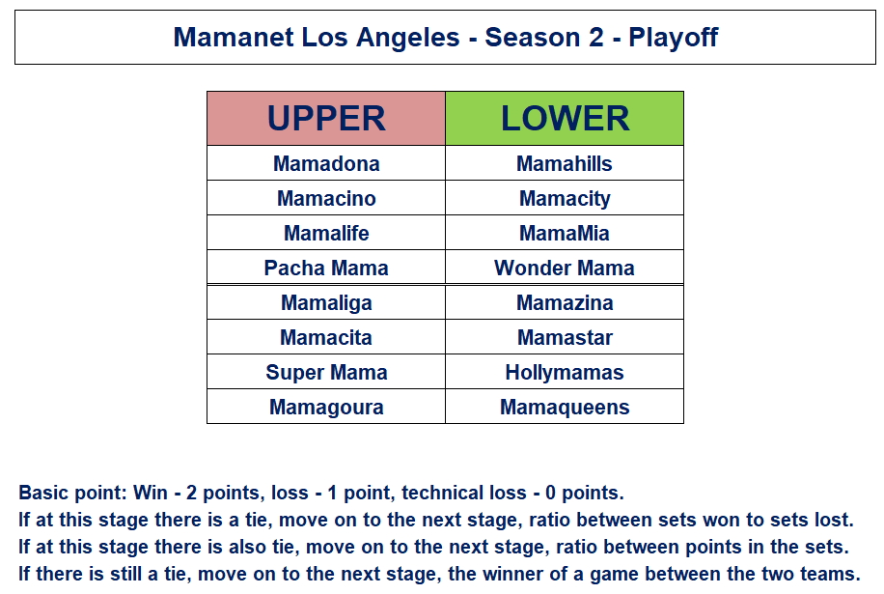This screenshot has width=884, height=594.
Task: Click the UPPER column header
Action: [326, 119]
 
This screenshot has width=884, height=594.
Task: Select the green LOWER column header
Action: [565, 119]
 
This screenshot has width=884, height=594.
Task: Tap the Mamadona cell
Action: [326, 163]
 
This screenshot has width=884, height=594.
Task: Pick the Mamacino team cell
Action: [326, 198]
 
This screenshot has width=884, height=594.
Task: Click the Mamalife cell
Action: [326, 233]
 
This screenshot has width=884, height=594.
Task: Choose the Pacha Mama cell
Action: [326, 268]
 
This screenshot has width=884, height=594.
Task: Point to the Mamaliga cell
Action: [326, 303]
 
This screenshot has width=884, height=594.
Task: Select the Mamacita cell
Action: [326, 337]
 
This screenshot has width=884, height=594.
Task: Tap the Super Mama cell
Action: [326, 372]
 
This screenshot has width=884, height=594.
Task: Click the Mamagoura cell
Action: [326, 407]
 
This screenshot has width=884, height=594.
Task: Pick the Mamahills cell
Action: [565, 163]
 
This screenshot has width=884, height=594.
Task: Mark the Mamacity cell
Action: [565, 198]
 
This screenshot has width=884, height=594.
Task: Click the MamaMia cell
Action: [565, 233]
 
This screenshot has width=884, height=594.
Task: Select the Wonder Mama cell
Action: [565, 268]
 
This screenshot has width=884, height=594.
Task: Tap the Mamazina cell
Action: [565, 303]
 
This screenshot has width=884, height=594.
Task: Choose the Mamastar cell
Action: [565, 337]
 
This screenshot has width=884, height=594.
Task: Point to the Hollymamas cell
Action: [565, 372]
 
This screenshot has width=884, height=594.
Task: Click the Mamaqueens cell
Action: [565, 407]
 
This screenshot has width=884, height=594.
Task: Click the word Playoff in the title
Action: [674, 39]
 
